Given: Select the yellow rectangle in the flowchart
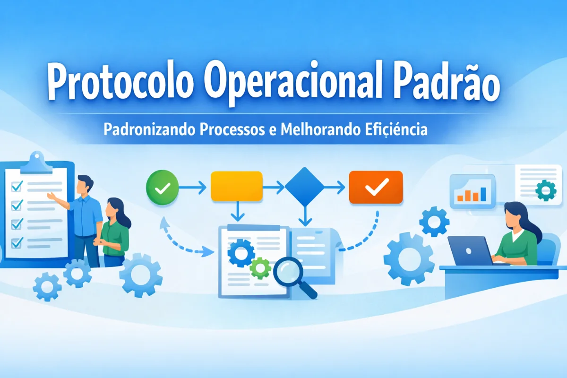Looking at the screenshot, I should [236, 186].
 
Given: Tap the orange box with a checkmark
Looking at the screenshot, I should [376, 187].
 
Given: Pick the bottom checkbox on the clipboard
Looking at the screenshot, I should [17, 242].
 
